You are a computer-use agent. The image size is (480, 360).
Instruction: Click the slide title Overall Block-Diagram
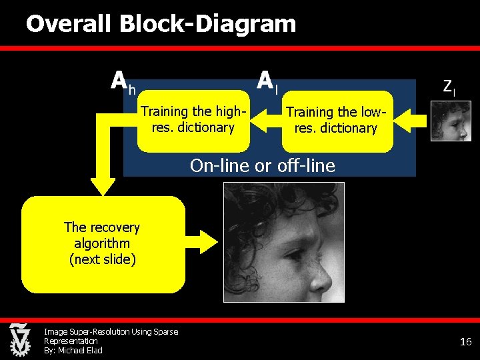click(x=161, y=25)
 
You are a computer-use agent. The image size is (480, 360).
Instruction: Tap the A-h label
click(x=123, y=82)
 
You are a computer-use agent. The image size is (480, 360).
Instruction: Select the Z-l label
click(x=449, y=86)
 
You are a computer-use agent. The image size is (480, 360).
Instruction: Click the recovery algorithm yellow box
click(x=103, y=243)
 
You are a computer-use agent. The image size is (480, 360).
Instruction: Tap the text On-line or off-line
click(x=262, y=165)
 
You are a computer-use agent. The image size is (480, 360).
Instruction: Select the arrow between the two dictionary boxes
click(x=267, y=119)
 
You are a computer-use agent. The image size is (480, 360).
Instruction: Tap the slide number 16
click(x=465, y=342)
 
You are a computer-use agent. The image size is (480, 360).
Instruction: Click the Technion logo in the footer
click(x=19, y=340)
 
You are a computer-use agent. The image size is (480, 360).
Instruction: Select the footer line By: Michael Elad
click(x=73, y=351)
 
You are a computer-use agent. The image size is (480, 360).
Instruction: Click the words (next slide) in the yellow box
click(x=103, y=259)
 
